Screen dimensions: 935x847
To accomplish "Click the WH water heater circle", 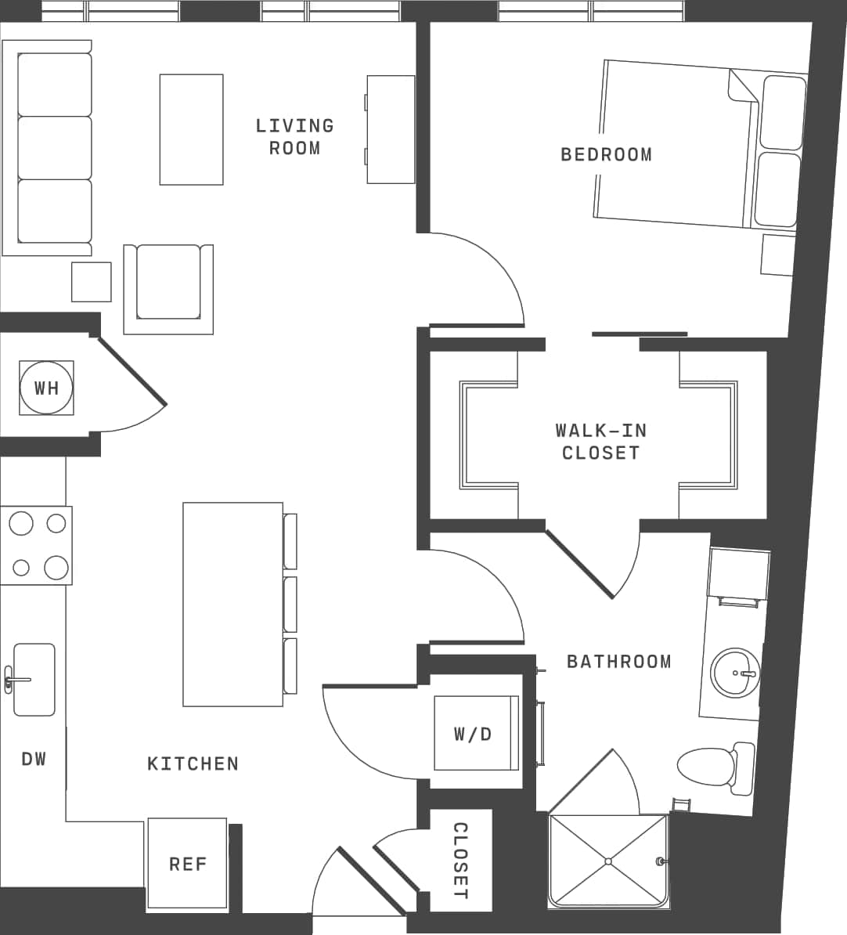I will coord(46,388).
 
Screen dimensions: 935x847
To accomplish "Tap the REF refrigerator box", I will coord(187,864).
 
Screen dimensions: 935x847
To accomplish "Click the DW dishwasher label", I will coord(34,758).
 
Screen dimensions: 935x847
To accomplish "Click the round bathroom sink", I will coord(734,673).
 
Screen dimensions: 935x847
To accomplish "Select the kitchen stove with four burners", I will coord(36,545).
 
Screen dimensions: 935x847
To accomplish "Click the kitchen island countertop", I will coord(232,604).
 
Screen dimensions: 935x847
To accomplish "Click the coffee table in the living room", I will coord(191,129).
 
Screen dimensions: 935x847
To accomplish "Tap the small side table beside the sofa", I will coord(91,282).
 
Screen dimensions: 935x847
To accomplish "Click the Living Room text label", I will coord(294,136).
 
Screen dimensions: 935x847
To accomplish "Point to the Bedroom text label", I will coord(606,154).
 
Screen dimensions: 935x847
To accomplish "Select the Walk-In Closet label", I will coord(600,441).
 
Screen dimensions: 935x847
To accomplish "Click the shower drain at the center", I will coord(608,861).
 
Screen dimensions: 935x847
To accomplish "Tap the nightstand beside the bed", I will coord(778,255).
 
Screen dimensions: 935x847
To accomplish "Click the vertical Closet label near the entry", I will coord(461,861).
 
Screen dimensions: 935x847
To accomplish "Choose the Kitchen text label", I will coord(193,764).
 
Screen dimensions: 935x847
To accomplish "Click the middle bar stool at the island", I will coord(290,604).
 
